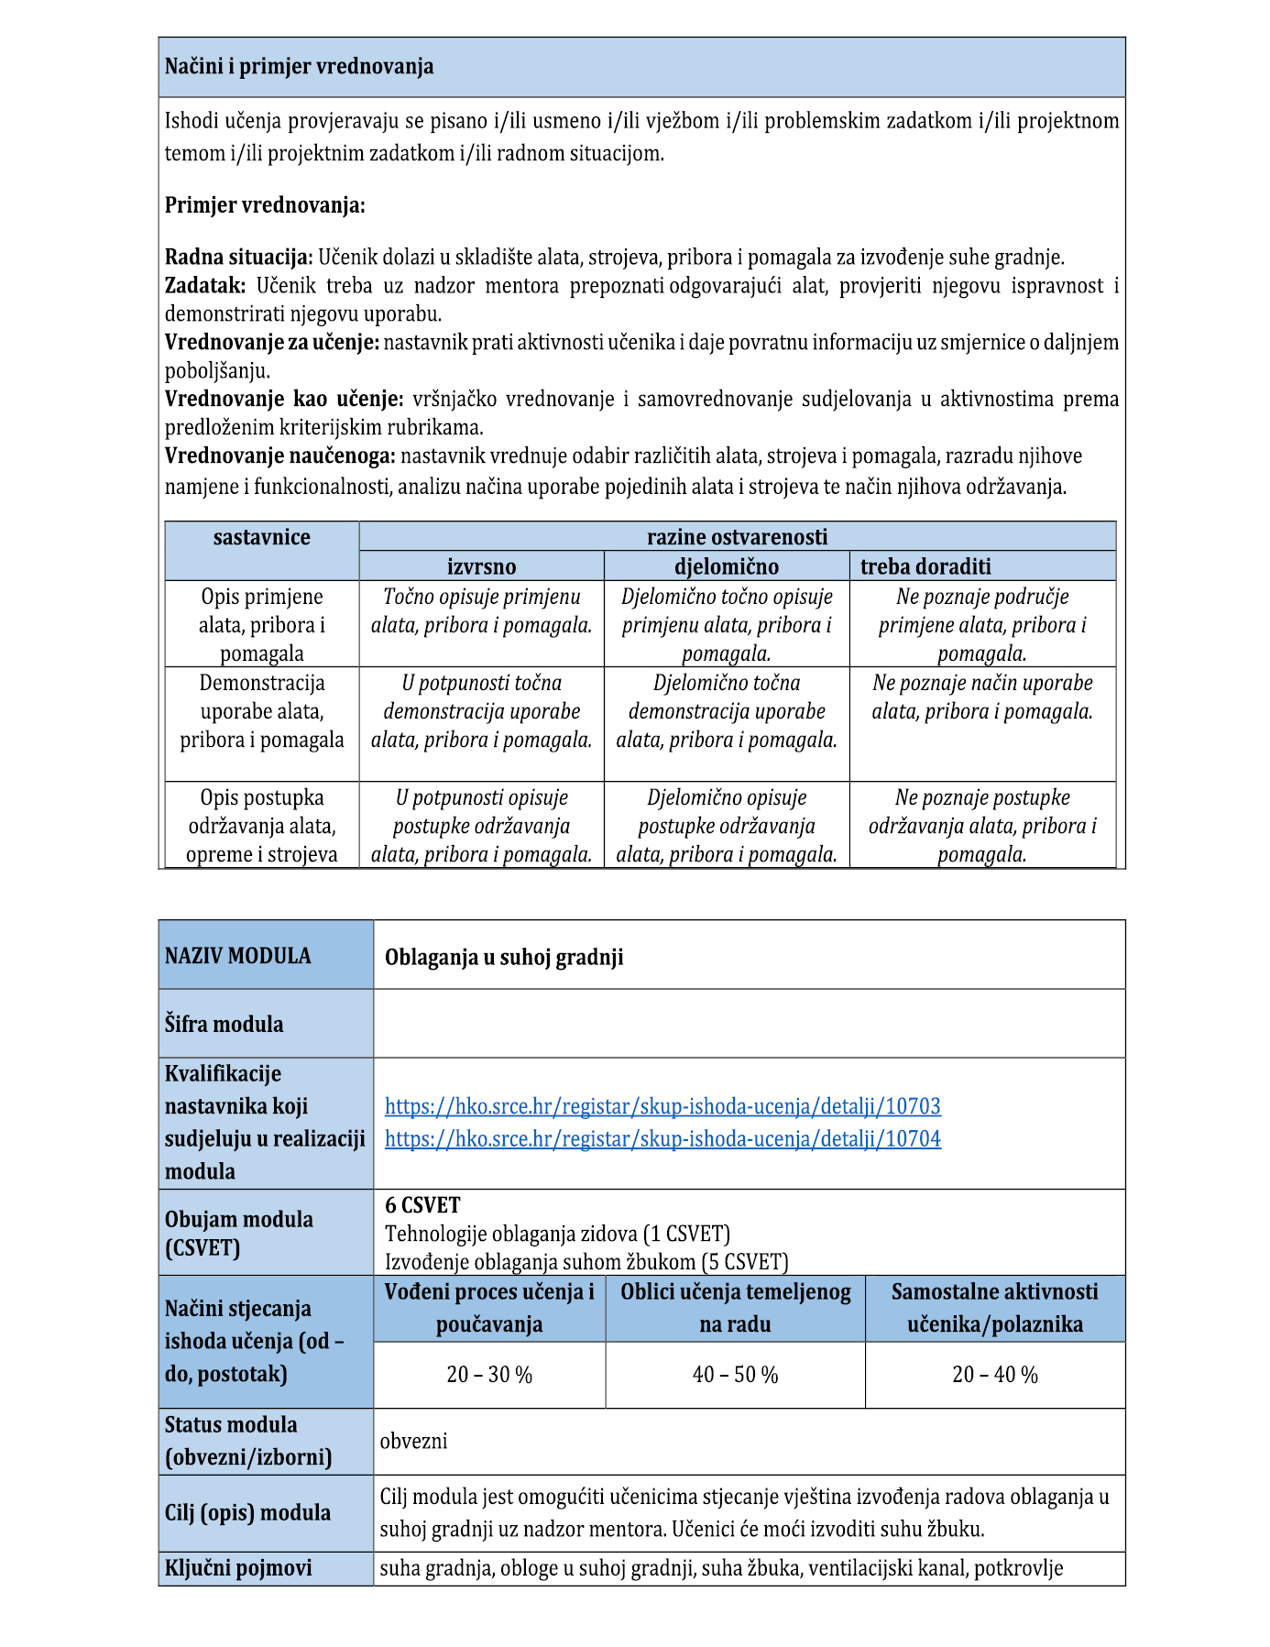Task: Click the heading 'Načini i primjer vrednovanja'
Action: (x=299, y=67)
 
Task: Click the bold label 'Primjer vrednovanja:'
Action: (x=265, y=205)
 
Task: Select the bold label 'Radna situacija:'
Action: (x=239, y=258)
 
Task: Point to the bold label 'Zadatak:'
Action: (x=205, y=286)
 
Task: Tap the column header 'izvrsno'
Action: (x=481, y=566)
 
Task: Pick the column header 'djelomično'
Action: (x=726, y=566)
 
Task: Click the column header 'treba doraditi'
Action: (x=925, y=566)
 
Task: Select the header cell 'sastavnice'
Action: (x=262, y=538)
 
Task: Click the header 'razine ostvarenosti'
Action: (x=737, y=537)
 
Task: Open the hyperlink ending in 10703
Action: (x=662, y=1106)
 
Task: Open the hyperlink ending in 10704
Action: (x=662, y=1139)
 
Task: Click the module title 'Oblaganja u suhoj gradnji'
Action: (x=504, y=958)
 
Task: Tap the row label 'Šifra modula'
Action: (x=224, y=1025)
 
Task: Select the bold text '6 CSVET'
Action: (x=422, y=1205)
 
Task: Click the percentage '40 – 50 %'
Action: (x=735, y=1375)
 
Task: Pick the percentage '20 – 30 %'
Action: (x=489, y=1375)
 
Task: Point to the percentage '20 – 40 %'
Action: (x=995, y=1375)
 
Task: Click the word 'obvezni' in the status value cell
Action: (x=414, y=1441)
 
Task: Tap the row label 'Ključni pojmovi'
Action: (x=238, y=1568)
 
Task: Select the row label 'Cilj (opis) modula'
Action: (x=247, y=1513)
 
